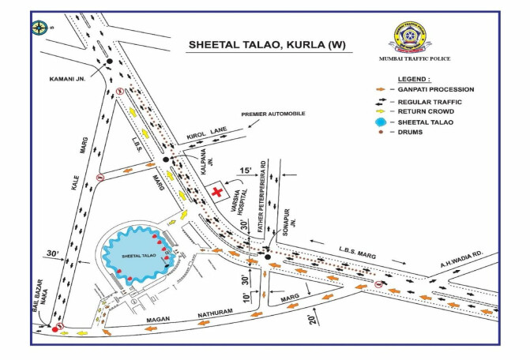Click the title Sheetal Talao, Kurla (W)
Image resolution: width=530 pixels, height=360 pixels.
pyautogui.click(x=265, y=45)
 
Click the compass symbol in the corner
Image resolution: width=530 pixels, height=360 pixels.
pyautogui.click(x=39, y=28)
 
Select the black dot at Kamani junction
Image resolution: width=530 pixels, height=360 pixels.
pyautogui.click(x=110, y=62)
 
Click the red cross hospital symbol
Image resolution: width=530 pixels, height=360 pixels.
pyautogui.click(x=217, y=192)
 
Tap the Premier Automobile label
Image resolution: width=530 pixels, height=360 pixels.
pyautogui.click(x=269, y=114)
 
